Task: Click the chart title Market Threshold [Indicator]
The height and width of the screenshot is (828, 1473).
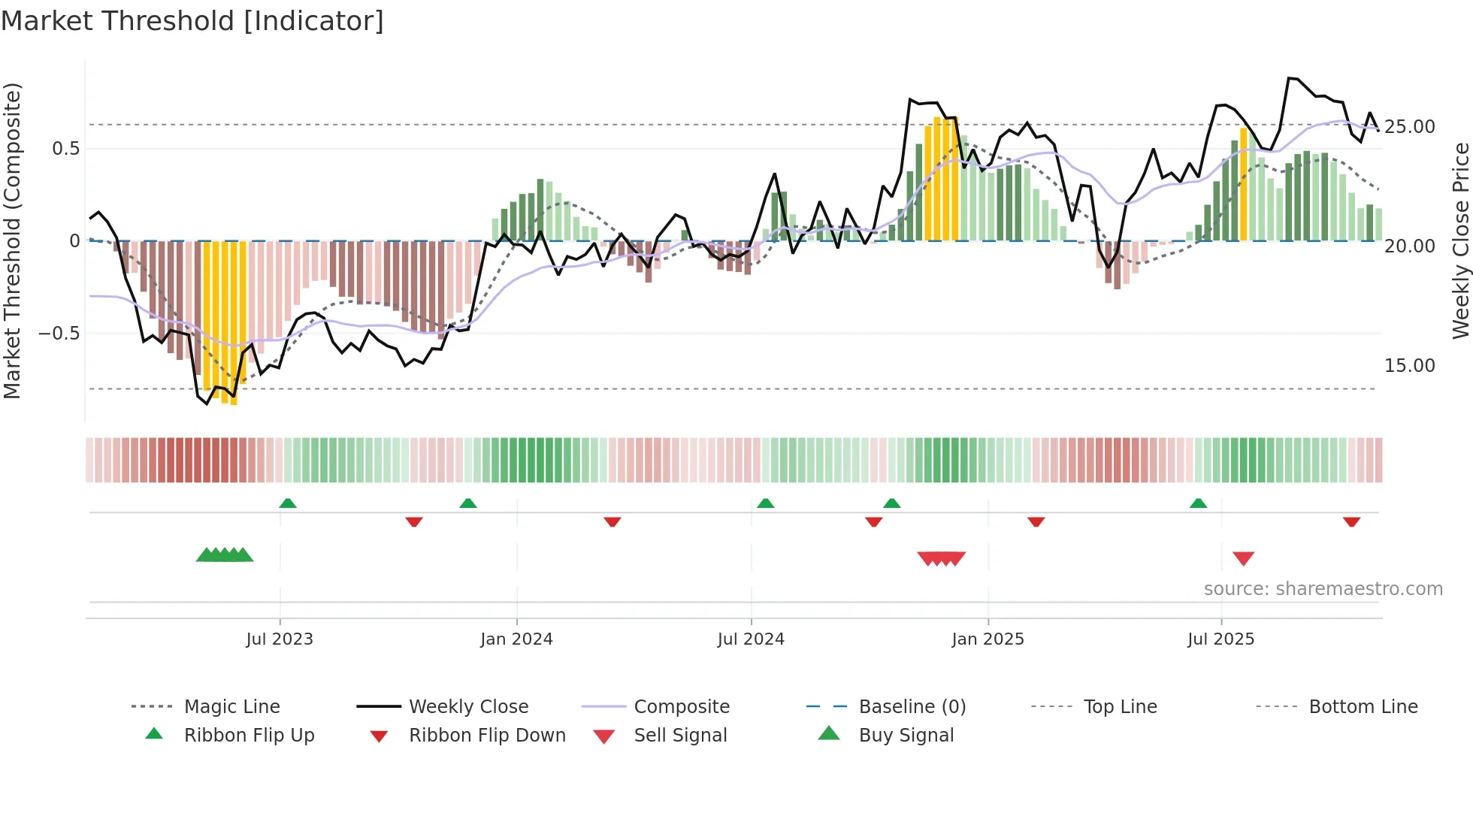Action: tap(192, 21)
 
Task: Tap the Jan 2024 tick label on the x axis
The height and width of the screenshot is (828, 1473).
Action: tap(516, 639)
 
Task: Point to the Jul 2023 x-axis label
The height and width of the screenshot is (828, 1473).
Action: tap(280, 639)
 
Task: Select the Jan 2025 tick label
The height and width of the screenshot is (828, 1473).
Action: tap(988, 639)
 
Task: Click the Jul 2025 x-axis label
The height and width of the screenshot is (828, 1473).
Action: tap(1221, 639)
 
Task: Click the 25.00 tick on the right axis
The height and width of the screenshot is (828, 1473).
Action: tap(1410, 127)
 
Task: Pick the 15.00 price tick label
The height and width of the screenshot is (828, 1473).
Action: tap(1410, 366)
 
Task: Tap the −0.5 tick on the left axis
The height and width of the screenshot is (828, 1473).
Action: tap(59, 333)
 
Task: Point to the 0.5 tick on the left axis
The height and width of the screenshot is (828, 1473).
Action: tap(66, 149)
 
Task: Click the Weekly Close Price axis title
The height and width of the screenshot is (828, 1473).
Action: tap(1460, 240)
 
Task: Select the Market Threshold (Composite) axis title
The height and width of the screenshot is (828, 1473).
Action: tap(12, 240)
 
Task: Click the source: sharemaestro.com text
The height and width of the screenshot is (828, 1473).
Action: tap(1323, 589)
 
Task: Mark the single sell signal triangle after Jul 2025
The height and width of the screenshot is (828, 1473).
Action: tap(1243, 558)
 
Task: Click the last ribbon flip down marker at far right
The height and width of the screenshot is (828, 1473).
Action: tap(1351, 521)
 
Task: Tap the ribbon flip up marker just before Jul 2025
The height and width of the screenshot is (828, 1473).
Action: tap(1198, 503)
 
